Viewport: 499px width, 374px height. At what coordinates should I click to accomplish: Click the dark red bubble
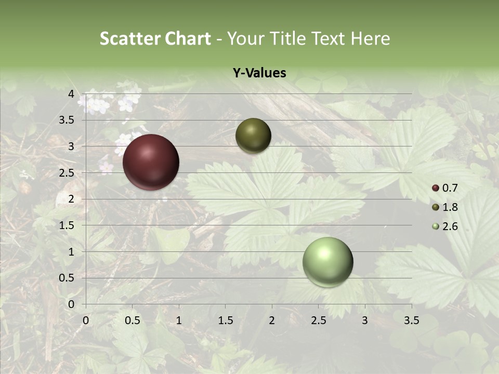[151, 162]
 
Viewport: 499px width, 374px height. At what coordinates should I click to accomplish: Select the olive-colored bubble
[253, 136]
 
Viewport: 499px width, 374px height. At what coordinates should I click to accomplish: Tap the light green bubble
[327, 262]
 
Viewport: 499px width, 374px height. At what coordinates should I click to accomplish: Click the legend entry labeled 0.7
[450, 188]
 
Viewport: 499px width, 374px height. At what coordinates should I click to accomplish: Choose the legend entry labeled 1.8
[450, 207]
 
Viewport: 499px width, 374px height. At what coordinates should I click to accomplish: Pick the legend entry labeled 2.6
[450, 226]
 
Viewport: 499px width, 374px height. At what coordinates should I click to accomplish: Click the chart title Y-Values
[259, 73]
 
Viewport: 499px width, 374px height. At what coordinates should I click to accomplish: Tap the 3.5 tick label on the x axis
[411, 320]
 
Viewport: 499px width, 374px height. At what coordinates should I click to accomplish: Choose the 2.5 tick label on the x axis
[318, 320]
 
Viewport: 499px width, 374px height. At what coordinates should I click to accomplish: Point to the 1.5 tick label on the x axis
[225, 320]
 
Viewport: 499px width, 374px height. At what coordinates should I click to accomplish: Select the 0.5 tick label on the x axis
[132, 320]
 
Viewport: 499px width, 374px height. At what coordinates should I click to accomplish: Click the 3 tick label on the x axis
[364, 320]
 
